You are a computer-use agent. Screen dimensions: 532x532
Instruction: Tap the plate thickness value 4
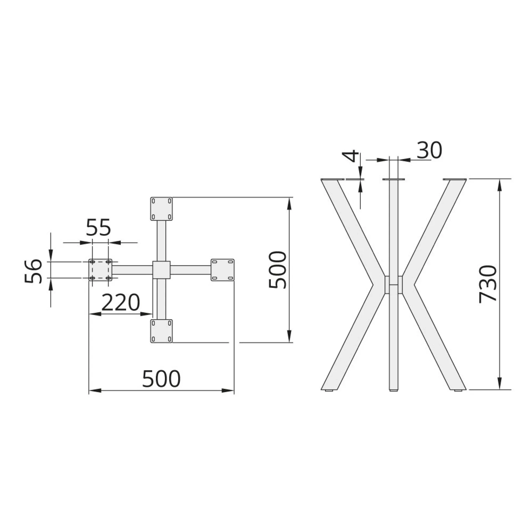tap(350, 156)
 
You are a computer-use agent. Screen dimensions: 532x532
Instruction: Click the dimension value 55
tap(98, 227)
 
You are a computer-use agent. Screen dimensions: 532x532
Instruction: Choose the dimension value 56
tap(33, 271)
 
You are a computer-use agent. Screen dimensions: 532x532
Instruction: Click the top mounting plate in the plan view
tap(161, 209)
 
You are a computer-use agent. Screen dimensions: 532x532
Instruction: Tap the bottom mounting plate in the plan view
tap(161, 331)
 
